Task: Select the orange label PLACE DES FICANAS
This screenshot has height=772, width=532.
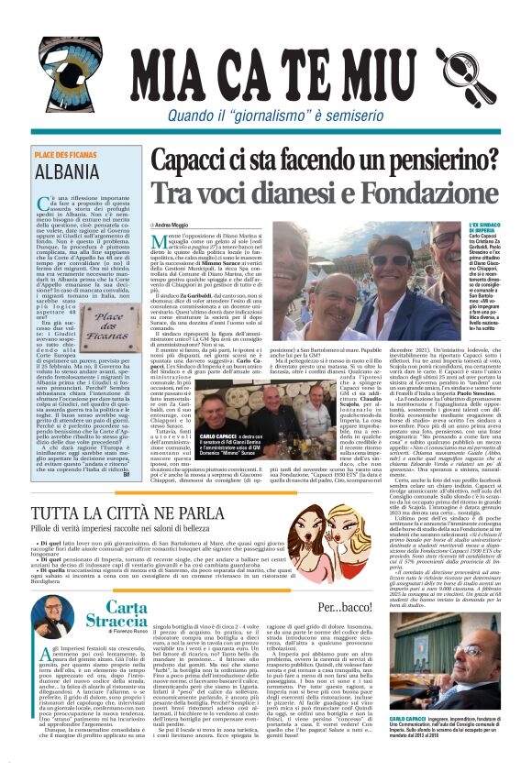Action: click(66, 155)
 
